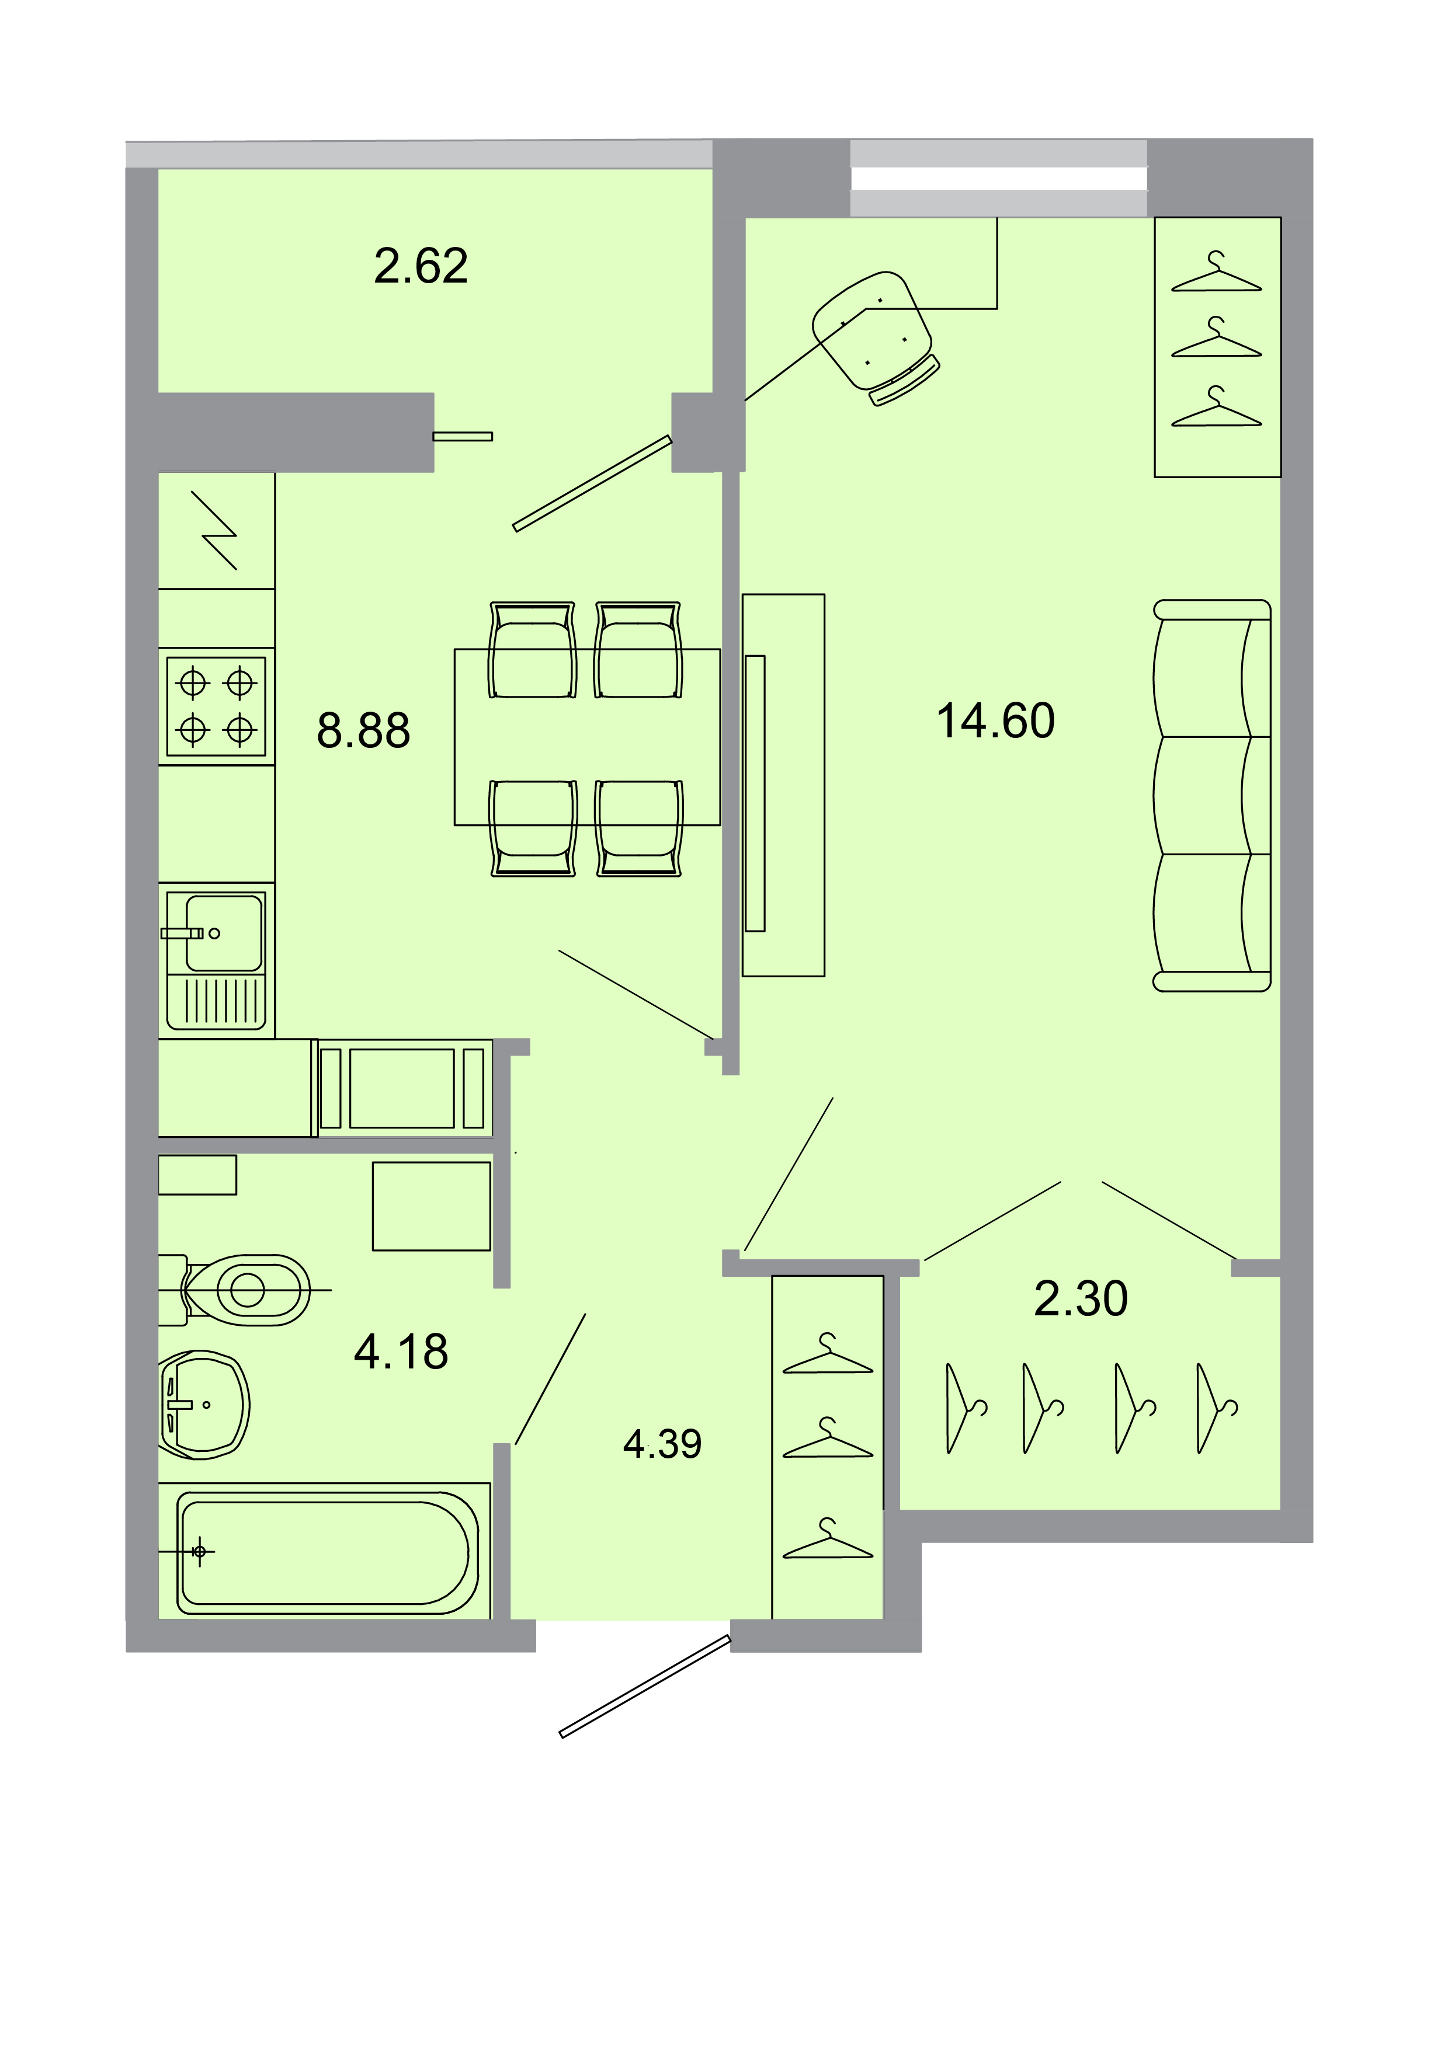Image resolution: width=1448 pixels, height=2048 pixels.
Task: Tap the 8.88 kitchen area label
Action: [363, 730]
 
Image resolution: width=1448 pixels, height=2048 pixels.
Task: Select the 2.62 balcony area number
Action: [420, 266]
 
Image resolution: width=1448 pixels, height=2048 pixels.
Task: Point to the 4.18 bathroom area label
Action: [401, 1352]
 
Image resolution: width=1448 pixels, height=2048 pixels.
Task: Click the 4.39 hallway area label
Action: [662, 1444]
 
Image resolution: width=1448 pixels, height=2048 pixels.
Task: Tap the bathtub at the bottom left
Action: [324, 1553]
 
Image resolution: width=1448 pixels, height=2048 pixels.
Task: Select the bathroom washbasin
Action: [203, 1405]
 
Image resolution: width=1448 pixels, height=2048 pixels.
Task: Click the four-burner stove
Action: [216, 706]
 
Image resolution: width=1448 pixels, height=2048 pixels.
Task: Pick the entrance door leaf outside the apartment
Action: [644, 1687]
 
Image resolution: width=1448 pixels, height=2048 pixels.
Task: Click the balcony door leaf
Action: [592, 483]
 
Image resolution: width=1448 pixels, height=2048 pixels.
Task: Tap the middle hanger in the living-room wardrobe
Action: [1216, 339]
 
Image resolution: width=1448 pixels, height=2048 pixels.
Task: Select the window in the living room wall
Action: [998, 179]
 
